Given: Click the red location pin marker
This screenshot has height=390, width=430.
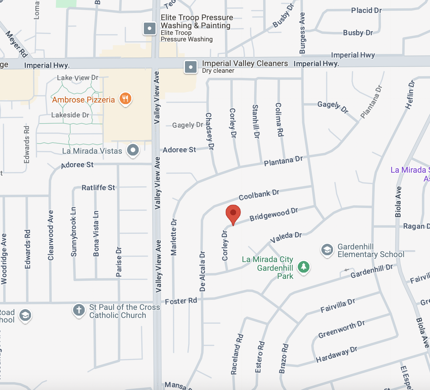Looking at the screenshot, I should [x=233, y=214].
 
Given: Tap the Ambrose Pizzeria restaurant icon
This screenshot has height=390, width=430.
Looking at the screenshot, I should [x=125, y=98].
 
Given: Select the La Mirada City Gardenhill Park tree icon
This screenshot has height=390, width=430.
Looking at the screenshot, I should [x=304, y=267].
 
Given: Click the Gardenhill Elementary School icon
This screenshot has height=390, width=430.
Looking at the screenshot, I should [x=327, y=250].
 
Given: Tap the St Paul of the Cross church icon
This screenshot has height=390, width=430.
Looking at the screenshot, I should [x=79, y=310].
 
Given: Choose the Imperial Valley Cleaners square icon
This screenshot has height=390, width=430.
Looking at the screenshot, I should [x=191, y=67].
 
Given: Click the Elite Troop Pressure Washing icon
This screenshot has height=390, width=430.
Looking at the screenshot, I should [x=150, y=28].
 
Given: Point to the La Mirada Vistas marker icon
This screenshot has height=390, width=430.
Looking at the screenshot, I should [x=133, y=150].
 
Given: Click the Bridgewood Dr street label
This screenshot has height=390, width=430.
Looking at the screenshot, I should [x=274, y=214].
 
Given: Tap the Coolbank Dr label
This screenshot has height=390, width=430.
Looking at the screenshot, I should [x=259, y=195].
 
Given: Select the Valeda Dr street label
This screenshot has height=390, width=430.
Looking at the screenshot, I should [x=286, y=237].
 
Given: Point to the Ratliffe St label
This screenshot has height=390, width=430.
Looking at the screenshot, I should [x=98, y=188].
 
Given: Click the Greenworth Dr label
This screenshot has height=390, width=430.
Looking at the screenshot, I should [x=341, y=329].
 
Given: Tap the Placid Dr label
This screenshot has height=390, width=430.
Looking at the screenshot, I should [x=366, y=10].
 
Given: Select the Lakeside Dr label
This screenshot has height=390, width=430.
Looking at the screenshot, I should [x=70, y=115].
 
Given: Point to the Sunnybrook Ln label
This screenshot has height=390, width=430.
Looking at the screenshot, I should [x=74, y=232].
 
